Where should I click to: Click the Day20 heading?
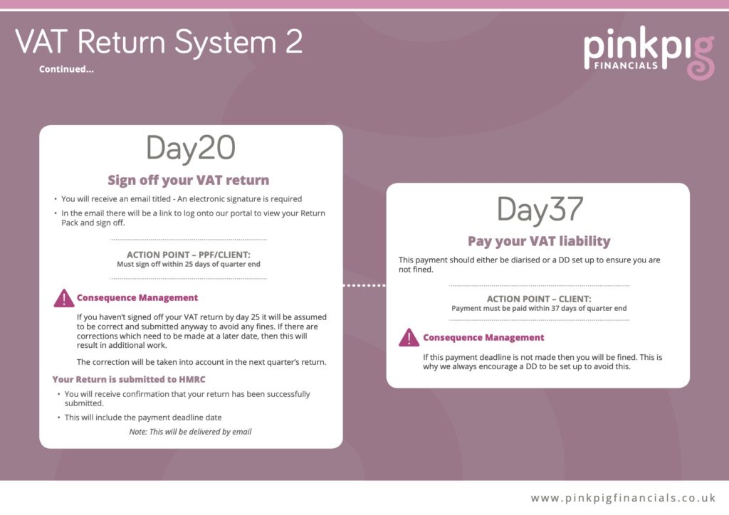coord(191,149)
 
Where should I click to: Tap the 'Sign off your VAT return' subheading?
coord(189,180)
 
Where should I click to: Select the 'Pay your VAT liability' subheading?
coord(538,241)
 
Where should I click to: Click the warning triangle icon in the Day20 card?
coord(64,298)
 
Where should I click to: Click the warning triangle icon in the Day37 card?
coord(409,337)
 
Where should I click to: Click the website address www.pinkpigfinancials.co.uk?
coord(623,498)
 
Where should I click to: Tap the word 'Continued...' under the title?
coord(66,70)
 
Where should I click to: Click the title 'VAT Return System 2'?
coord(159,42)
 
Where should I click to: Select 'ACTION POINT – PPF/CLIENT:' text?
coord(189,255)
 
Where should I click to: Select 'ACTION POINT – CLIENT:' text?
coord(539,299)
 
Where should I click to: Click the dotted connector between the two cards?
coord(364,286)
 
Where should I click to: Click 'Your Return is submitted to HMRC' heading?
coord(129,379)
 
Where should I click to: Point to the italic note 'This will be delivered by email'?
coord(190,431)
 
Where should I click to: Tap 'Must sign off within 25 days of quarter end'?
coord(189,264)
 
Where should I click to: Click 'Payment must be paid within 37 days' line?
coord(539,309)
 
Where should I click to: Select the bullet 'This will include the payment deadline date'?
coord(148,418)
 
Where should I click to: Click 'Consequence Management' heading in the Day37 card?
coord(483,337)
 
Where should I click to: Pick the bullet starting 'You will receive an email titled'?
coord(182,199)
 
